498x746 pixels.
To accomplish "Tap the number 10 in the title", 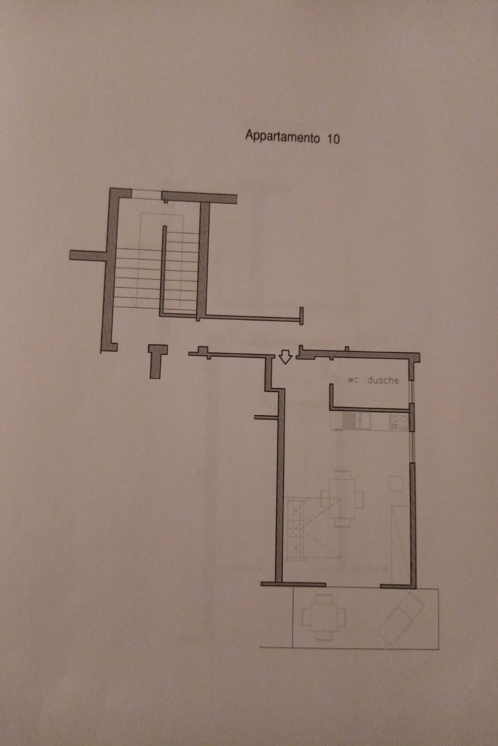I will pos(333,139).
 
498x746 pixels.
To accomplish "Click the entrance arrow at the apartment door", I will pos(285,357).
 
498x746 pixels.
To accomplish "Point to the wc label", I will pos(353,380).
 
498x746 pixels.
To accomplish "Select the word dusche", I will pos(383,380).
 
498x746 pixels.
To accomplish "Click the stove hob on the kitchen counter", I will pos(398,421).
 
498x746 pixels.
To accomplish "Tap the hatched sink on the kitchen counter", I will pos(349,421).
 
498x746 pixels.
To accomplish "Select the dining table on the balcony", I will pos(323,617).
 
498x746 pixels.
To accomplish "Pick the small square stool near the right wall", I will pos(395,483).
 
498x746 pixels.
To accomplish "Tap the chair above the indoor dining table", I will pos(342,475).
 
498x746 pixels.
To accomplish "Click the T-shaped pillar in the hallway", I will pos(157,359).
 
